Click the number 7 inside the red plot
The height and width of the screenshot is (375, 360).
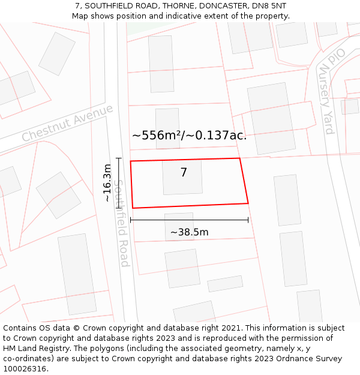[184, 173]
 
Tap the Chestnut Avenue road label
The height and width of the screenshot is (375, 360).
[67, 123]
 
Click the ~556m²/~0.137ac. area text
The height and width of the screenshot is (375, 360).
[189, 135]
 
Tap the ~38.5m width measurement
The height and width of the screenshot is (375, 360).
[189, 232]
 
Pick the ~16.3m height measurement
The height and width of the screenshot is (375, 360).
[107, 183]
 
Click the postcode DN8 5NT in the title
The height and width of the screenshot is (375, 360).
[270, 6]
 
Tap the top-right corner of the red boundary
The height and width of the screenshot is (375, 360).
[239, 158]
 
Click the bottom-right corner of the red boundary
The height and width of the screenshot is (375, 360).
[248, 203]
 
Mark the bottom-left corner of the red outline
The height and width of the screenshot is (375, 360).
[133, 208]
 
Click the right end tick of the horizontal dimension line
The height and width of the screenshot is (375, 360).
[248, 220]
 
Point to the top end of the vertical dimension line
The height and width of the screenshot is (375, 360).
[119, 158]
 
